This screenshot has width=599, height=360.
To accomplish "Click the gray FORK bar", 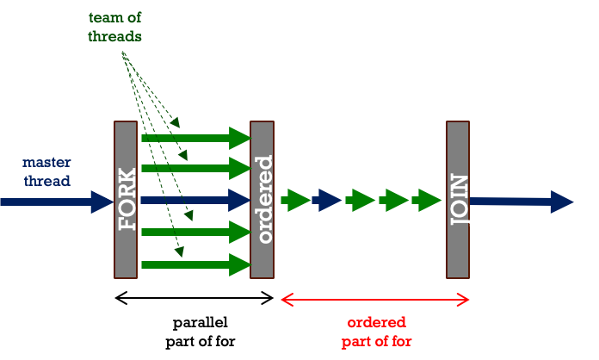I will tap(126, 199).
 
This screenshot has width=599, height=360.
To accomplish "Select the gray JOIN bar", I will tap(458, 199).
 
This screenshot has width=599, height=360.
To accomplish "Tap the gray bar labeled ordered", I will tap(262, 199).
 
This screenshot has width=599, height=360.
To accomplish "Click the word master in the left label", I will tap(46, 162).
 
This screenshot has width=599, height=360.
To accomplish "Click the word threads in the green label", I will tap(115, 36).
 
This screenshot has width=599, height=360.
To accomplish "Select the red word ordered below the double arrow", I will tap(376, 323).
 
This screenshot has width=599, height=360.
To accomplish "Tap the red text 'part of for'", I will tap(376, 341).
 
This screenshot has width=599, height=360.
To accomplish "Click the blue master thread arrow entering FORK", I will tap(56, 202).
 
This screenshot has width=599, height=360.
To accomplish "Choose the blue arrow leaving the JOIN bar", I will tap(521, 202).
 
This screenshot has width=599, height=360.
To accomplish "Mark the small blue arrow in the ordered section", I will tap(328, 201).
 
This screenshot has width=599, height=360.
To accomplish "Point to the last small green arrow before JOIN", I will tap(428, 201).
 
